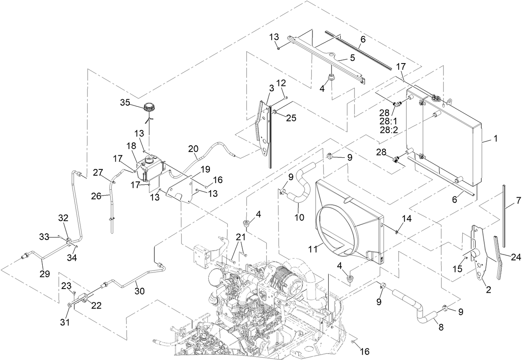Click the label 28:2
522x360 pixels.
point(388,130)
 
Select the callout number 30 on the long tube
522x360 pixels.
point(139,291)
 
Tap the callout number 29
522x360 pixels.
point(44,274)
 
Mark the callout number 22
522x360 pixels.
point(96,306)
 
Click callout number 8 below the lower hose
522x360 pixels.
point(441,327)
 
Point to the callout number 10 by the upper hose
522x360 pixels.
point(299,216)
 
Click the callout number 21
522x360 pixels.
point(241,237)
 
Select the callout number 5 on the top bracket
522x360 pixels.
point(352,58)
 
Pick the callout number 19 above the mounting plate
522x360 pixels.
point(206,169)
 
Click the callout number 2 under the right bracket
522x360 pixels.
point(488,289)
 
